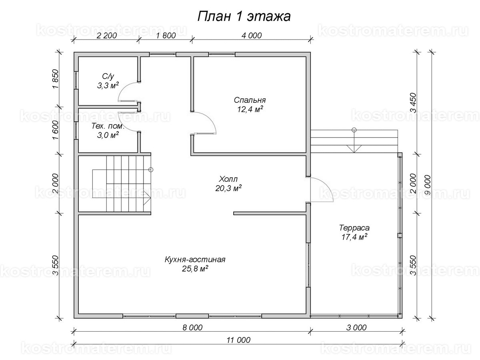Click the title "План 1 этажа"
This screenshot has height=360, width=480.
tap(244, 16)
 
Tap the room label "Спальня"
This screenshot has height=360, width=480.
tap(250, 100)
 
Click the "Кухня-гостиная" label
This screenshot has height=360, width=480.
tap(195, 260)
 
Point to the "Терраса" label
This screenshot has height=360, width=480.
tap(354, 228)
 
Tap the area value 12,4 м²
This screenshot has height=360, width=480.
tap(250, 109)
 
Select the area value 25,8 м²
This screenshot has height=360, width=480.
tap(195, 269)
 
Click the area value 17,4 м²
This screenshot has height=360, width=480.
tap(354, 237)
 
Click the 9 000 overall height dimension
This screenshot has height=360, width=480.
tap(427, 184)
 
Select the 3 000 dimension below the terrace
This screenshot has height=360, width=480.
tap(356, 328)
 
